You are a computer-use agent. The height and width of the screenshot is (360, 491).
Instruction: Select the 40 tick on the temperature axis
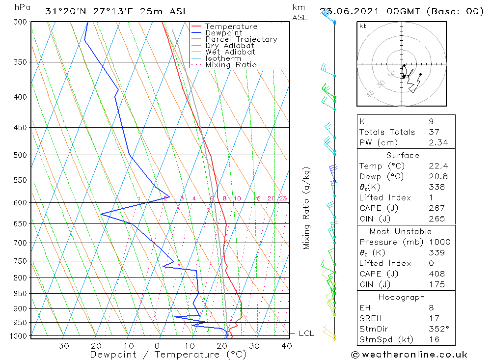tap(286, 346)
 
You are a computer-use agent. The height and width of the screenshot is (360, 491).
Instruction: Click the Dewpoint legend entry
tap(223, 33)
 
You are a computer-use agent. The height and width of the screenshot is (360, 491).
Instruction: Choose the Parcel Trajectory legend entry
tap(241, 39)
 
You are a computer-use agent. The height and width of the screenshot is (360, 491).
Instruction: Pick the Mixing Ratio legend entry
tap(231, 65)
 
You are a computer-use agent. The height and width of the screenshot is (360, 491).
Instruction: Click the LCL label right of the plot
tap(306, 333)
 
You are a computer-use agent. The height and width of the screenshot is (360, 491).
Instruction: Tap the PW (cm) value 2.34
tap(437, 142)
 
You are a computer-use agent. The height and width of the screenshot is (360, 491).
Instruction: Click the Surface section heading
tap(403, 155)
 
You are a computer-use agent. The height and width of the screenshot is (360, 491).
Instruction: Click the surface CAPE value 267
tap(436, 208)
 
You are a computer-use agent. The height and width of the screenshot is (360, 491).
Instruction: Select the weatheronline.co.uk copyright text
tap(409, 355)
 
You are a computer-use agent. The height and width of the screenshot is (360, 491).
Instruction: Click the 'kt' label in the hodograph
tap(362, 26)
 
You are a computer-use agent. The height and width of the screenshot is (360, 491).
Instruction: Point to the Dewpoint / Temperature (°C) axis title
tap(168, 354)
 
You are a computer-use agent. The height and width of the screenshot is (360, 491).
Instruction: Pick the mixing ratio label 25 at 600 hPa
tap(283, 198)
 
